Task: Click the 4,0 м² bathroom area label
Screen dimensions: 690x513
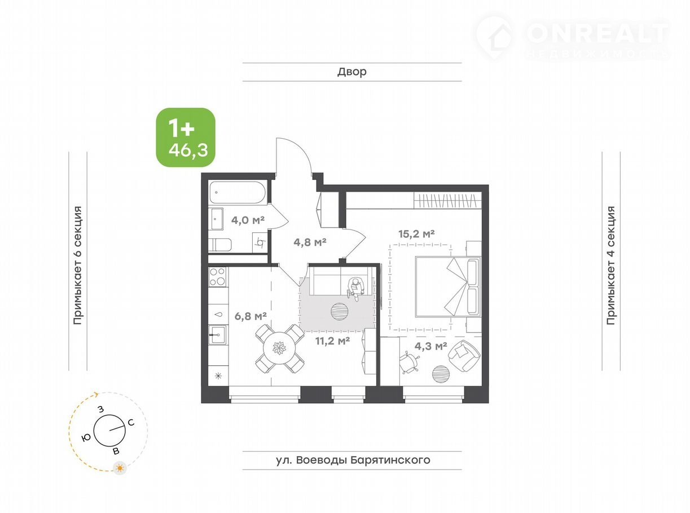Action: [x=248, y=220]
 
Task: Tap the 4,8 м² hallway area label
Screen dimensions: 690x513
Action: [x=310, y=242]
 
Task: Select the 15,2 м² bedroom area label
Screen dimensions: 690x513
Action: [x=416, y=233]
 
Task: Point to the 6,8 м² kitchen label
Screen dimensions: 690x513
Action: [x=250, y=316]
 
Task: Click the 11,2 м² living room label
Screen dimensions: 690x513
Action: [x=332, y=340]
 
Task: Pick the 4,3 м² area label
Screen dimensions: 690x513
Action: [x=431, y=346]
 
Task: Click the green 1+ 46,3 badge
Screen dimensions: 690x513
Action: [x=186, y=137]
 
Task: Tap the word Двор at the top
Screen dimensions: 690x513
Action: [x=352, y=72]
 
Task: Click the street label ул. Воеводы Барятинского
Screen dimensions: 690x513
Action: [x=353, y=459]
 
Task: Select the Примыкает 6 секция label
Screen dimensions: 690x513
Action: [x=77, y=266]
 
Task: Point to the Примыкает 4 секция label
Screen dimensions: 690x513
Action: [x=610, y=266]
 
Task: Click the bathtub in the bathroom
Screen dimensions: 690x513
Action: [x=238, y=192]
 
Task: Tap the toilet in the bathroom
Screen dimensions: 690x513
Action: [x=219, y=245]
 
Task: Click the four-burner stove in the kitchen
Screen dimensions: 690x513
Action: [x=217, y=277]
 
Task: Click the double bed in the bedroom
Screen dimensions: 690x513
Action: [x=448, y=286]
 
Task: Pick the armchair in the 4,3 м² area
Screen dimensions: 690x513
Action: [x=464, y=356]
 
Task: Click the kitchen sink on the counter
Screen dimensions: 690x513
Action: [x=218, y=334]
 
